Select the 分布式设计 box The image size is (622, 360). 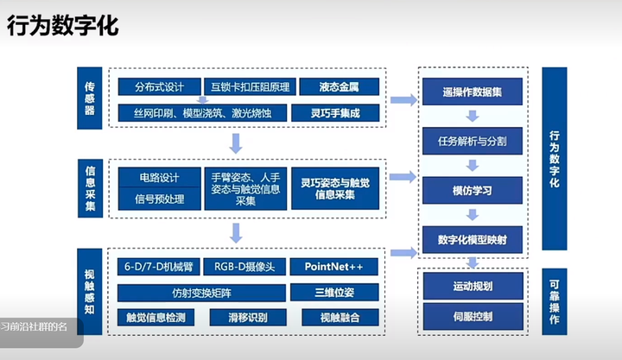[159, 87]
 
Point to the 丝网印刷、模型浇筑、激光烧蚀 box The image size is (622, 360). [200, 113]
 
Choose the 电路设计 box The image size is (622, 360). [159, 178]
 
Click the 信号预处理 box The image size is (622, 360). [159, 199]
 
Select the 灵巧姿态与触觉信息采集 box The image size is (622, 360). [333, 189]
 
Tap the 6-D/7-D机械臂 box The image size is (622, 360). [159, 266]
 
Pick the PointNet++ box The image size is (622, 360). [333, 266]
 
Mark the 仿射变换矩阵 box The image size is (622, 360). [200, 292]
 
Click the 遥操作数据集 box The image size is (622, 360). [472, 92]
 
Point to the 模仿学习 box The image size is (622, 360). [472, 190]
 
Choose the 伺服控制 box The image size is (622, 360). [472, 317]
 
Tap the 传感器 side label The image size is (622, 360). [90, 101]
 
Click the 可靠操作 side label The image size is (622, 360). [555, 300]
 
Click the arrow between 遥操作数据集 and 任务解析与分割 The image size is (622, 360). [472, 116]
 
